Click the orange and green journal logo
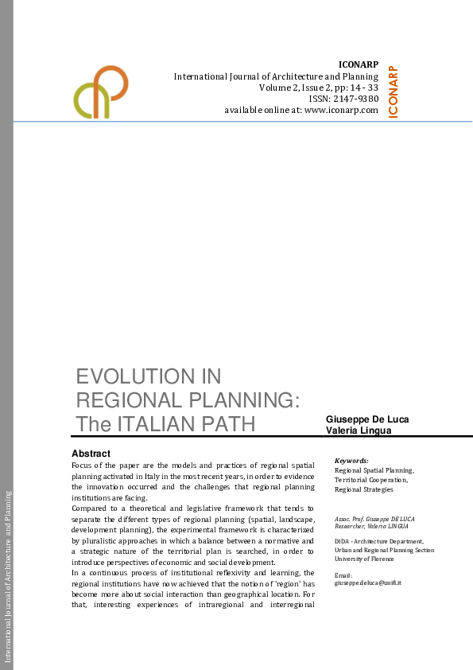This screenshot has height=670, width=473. tap(102, 91)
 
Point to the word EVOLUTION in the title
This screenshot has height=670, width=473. tap(148, 376)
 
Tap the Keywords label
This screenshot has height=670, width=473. tap(351, 461)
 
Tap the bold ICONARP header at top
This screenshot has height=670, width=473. tap(358, 64)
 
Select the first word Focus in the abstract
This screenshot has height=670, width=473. tap(81, 463)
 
